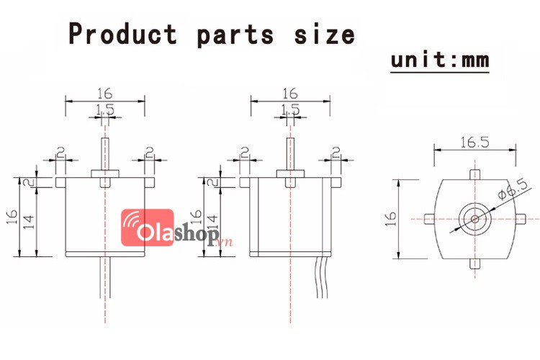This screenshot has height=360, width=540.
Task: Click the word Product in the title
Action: (x=122, y=34)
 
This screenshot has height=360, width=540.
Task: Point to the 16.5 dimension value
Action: (x=474, y=143)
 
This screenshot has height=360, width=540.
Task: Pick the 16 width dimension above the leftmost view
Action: (x=105, y=94)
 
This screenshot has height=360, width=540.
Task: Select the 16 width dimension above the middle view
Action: (x=290, y=94)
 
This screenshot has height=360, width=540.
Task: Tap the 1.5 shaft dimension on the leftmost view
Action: (x=105, y=109)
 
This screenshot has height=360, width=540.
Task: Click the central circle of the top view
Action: (x=474, y=217)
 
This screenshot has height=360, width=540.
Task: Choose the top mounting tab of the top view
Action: (x=474, y=174)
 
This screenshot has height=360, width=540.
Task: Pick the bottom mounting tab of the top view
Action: (x=474, y=263)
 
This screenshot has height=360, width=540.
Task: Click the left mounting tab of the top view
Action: (x=428, y=217)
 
